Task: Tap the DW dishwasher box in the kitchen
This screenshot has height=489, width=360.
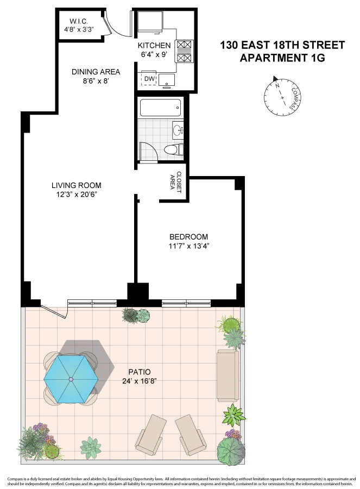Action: (x=149, y=80)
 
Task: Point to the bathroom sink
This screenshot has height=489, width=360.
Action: (x=178, y=130)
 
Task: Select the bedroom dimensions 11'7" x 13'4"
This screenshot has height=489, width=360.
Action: (x=188, y=246)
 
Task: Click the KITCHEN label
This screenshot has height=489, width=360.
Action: (x=154, y=45)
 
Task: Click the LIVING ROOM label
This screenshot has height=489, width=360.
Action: (x=75, y=185)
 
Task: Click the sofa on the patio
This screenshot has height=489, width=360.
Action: (x=227, y=374)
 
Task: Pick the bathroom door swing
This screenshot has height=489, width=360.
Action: (x=148, y=152)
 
